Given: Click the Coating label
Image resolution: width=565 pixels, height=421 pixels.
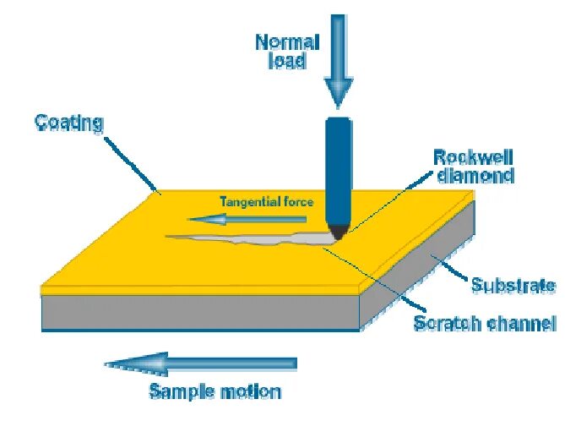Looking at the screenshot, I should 68,123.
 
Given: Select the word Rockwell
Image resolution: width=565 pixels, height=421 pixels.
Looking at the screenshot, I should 473,158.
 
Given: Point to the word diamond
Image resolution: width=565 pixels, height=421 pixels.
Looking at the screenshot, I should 474,176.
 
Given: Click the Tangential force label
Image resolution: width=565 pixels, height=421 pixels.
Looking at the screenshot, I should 266,201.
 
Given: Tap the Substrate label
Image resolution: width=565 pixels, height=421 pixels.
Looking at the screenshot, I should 513,285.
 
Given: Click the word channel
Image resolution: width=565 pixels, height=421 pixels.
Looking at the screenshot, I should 522,323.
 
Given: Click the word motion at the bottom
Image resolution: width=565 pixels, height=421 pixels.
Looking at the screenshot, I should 251,391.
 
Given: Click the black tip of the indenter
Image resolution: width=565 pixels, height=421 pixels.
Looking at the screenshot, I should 339,230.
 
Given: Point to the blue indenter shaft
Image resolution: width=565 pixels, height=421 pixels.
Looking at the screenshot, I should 338,169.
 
